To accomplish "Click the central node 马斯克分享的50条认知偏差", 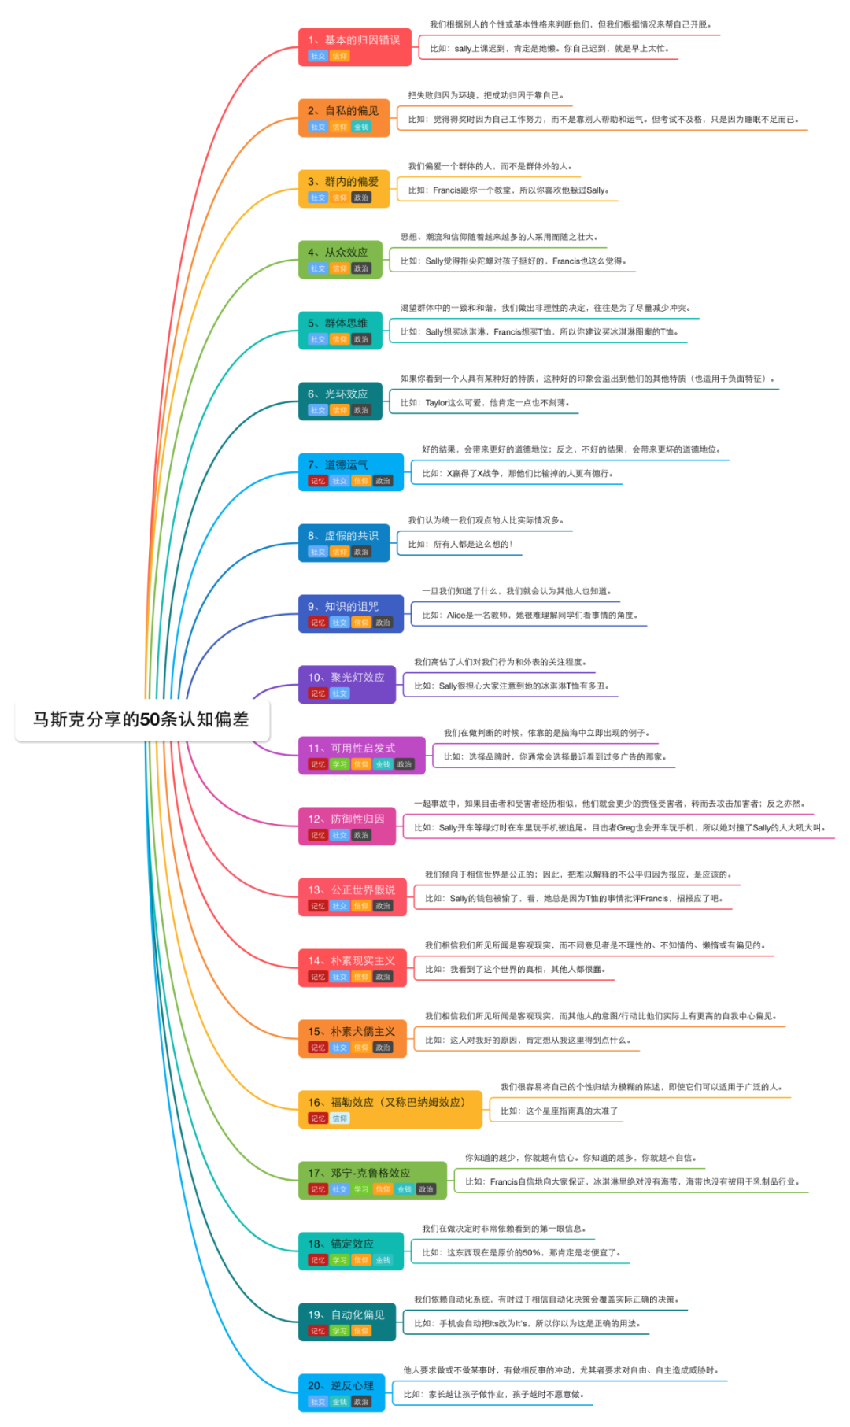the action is point(142,719).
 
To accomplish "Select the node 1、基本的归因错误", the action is point(353,40).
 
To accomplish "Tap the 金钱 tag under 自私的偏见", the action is point(361,127).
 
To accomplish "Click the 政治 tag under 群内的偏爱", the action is point(361,198).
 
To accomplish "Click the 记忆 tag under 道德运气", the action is point(318,481).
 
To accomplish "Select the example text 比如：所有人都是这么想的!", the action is point(460,544).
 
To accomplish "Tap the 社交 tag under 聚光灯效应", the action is point(339,693).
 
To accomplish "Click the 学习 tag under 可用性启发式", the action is point(339,764).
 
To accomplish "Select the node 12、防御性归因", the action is point(346,819).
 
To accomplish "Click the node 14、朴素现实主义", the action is point(351,961).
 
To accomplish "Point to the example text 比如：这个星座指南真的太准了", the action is point(559,1111).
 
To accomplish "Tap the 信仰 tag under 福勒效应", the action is point(339,1118).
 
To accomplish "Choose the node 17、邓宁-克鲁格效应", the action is point(359,1174).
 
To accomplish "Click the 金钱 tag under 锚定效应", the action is point(383,1260).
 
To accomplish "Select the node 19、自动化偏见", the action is point(346,1315).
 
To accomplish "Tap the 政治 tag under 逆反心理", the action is point(361,1402).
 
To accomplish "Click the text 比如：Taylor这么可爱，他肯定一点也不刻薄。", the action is point(497,402).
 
